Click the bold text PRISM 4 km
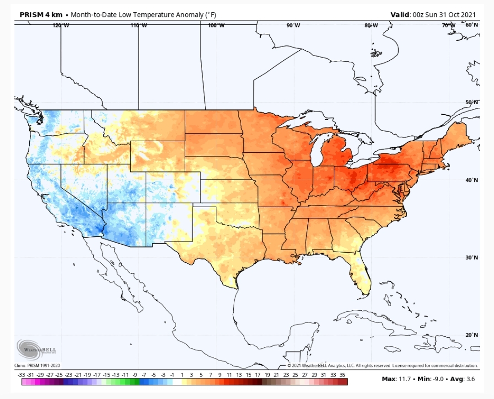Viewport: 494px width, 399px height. [41, 15]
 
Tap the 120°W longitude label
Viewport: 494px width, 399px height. [61, 26]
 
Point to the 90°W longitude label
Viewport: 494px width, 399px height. [293, 25]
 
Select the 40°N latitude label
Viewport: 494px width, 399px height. [472, 180]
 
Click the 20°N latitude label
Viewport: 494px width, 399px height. [472, 335]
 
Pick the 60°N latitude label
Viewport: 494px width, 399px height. [472, 25]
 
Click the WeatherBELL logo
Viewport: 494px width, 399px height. [36, 349]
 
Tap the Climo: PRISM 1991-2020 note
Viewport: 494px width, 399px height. [37, 366]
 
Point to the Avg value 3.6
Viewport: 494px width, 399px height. [471, 379]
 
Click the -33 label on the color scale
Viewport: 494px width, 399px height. [21, 375]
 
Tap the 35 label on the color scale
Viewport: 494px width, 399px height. [343, 375]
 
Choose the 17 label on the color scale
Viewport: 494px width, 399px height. [258, 375]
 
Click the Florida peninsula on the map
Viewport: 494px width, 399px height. [362, 274]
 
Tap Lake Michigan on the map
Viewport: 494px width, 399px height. [319, 149]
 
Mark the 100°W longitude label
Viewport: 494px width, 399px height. [216, 26]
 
